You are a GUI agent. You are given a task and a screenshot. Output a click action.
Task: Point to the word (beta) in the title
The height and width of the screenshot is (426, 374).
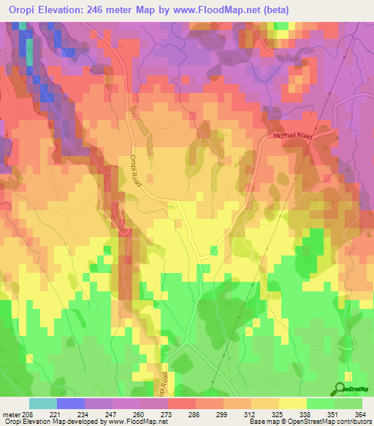point(275,10)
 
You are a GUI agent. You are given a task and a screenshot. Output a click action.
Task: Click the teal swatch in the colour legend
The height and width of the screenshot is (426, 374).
point(43,403)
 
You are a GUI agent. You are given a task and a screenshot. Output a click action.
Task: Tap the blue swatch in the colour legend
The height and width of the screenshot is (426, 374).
point(71,403)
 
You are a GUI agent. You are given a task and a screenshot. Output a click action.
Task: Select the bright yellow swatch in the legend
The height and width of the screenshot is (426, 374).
point(292,403)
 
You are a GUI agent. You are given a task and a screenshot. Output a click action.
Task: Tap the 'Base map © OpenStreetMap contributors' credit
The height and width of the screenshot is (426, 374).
point(310,422)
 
